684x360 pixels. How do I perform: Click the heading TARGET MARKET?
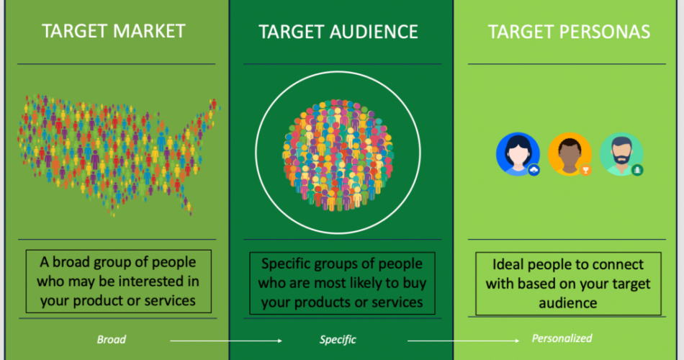coord(114,31)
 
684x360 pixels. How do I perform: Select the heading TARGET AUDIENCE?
coord(338,32)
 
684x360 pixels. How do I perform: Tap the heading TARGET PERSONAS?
coord(569,32)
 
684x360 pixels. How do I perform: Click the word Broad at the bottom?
coord(111,340)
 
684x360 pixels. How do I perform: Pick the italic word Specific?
coord(338,340)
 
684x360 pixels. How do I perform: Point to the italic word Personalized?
coord(562,338)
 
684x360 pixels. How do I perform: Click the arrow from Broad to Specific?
coord(226,341)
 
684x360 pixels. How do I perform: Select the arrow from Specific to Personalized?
coord(463,341)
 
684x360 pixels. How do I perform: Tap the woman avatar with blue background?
coord(518,154)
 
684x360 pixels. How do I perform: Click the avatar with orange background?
coord(570,154)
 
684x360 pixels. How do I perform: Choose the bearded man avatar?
coord(621,154)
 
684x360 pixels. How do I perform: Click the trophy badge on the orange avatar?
coord(585,170)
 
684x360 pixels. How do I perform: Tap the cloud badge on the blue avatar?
coord(534,170)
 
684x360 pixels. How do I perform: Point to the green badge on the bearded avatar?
coord(637,170)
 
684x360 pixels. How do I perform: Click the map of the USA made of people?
coord(118,153)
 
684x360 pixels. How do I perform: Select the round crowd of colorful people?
coord(338,154)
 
